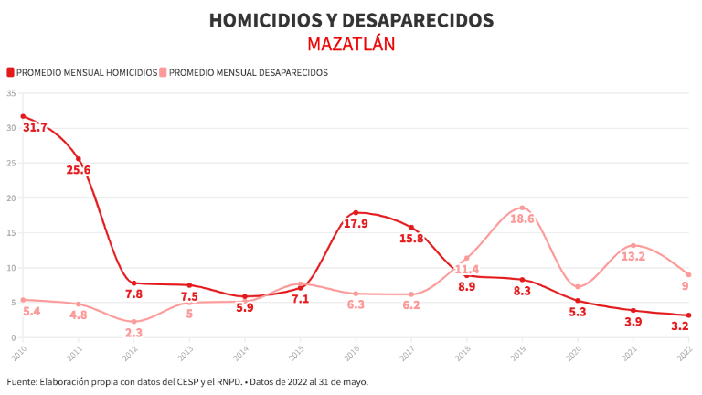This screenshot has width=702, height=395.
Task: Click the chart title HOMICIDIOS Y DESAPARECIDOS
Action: [351, 20]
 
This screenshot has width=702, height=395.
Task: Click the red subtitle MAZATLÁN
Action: [351, 44]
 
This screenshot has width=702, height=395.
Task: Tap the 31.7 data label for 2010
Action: [35, 128]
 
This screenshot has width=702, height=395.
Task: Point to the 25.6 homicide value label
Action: [79, 170]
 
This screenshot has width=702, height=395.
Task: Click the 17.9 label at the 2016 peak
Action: [356, 224]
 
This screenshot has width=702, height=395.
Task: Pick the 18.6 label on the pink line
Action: [522, 219]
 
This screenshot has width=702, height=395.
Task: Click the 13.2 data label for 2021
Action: [633, 256]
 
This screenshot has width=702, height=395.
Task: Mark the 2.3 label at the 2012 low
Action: [133, 333]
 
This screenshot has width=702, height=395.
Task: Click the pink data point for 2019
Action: [522, 208]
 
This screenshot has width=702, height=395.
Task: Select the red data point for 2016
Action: [356, 213]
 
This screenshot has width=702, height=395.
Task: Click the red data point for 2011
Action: [79, 159]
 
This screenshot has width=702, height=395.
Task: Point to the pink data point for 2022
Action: [688, 274]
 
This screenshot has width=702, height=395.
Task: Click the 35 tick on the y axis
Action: [11, 93]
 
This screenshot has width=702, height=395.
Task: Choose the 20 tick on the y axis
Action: [11, 197]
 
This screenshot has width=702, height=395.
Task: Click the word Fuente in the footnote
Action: [23, 381]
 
